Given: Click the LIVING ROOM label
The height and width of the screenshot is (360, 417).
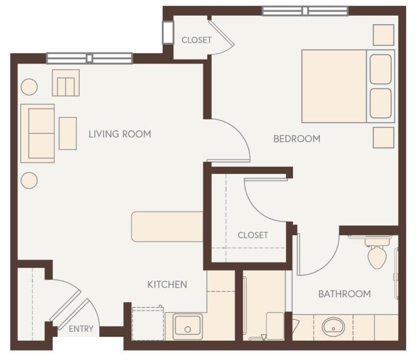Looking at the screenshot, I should (x=119, y=134).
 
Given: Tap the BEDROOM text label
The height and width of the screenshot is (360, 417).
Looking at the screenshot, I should (x=297, y=139).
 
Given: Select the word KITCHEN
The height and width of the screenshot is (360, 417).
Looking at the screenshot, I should (x=167, y=284).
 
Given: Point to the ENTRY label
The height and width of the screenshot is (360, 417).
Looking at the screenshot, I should (x=81, y=328).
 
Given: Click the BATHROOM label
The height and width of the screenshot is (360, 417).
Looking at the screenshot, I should (x=344, y=294).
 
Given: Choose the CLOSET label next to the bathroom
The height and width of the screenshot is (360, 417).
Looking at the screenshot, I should (x=253, y=235).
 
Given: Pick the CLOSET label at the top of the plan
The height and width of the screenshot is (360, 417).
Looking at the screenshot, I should (x=196, y=40).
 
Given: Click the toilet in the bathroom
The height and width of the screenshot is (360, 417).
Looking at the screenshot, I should (x=377, y=254).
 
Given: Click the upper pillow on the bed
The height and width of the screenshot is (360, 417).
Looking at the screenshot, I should (x=380, y=69).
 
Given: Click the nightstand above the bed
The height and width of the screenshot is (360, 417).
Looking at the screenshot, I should (x=383, y=35).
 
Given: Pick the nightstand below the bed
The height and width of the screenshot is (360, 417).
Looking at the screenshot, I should (x=383, y=138).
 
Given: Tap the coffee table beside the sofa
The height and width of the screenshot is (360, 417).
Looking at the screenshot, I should (x=68, y=133).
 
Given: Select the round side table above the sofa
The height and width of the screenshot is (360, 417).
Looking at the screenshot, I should (x=29, y=87).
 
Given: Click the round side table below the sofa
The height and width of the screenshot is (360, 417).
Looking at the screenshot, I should (x=29, y=180).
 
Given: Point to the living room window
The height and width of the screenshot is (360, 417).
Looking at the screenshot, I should (x=89, y=58).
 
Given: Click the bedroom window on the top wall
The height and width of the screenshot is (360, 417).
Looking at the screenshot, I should (x=305, y=11).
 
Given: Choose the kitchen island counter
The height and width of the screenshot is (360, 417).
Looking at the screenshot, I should (x=167, y=227).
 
